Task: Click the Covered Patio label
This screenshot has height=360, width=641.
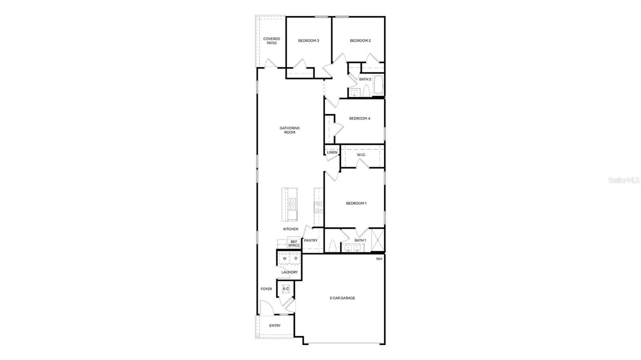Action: click(x=272, y=41)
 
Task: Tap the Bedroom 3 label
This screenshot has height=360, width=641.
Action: click(x=308, y=40)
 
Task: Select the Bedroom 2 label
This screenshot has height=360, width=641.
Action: click(x=360, y=40)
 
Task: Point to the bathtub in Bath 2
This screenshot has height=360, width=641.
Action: click(x=379, y=85)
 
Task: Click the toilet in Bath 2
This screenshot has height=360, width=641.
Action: click(x=366, y=91)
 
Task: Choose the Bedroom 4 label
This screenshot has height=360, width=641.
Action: click(x=359, y=119)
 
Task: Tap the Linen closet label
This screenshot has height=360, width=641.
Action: click(x=332, y=153)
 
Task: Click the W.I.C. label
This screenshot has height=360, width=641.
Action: click(x=361, y=155)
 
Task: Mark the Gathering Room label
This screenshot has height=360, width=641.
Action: click(x=290, y=130)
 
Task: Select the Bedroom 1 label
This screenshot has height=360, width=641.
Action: click(x=356, y=203)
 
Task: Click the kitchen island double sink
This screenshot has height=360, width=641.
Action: click(x=293, y=204)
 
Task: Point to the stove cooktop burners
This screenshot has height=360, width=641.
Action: click(x=319, y=207)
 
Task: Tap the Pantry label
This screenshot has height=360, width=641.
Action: click(x=310, y=241)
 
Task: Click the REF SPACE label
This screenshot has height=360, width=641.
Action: click(x=294, y=243)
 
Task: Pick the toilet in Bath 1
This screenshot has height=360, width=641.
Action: click(x=332, y=245)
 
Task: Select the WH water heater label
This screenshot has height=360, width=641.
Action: click(x=379, y=259)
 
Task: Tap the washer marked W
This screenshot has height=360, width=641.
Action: click(x=285, y=259)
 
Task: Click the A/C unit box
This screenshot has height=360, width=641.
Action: click(x=286, y=289)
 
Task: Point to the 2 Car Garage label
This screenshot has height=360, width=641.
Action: click(x=342, y=298)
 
